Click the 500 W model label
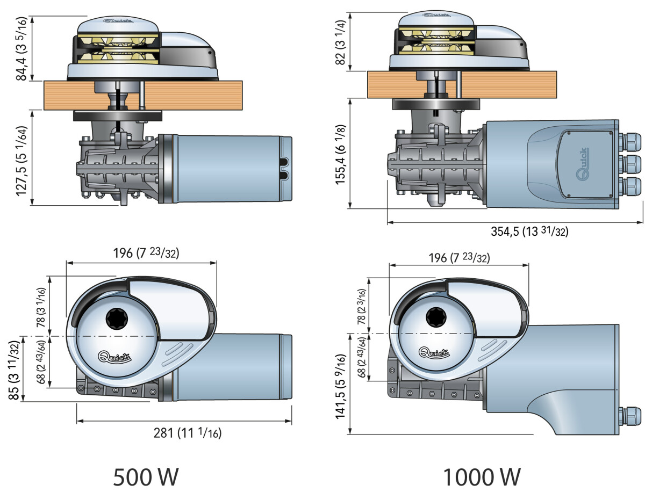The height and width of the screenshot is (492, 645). coord(145,476)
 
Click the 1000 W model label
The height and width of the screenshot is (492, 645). coord(481,476)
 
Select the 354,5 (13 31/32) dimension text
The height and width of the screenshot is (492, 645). coord(529,231)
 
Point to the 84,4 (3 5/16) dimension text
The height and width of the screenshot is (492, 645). coord(21,47)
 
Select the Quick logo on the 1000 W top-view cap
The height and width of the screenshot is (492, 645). coord(434,353)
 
